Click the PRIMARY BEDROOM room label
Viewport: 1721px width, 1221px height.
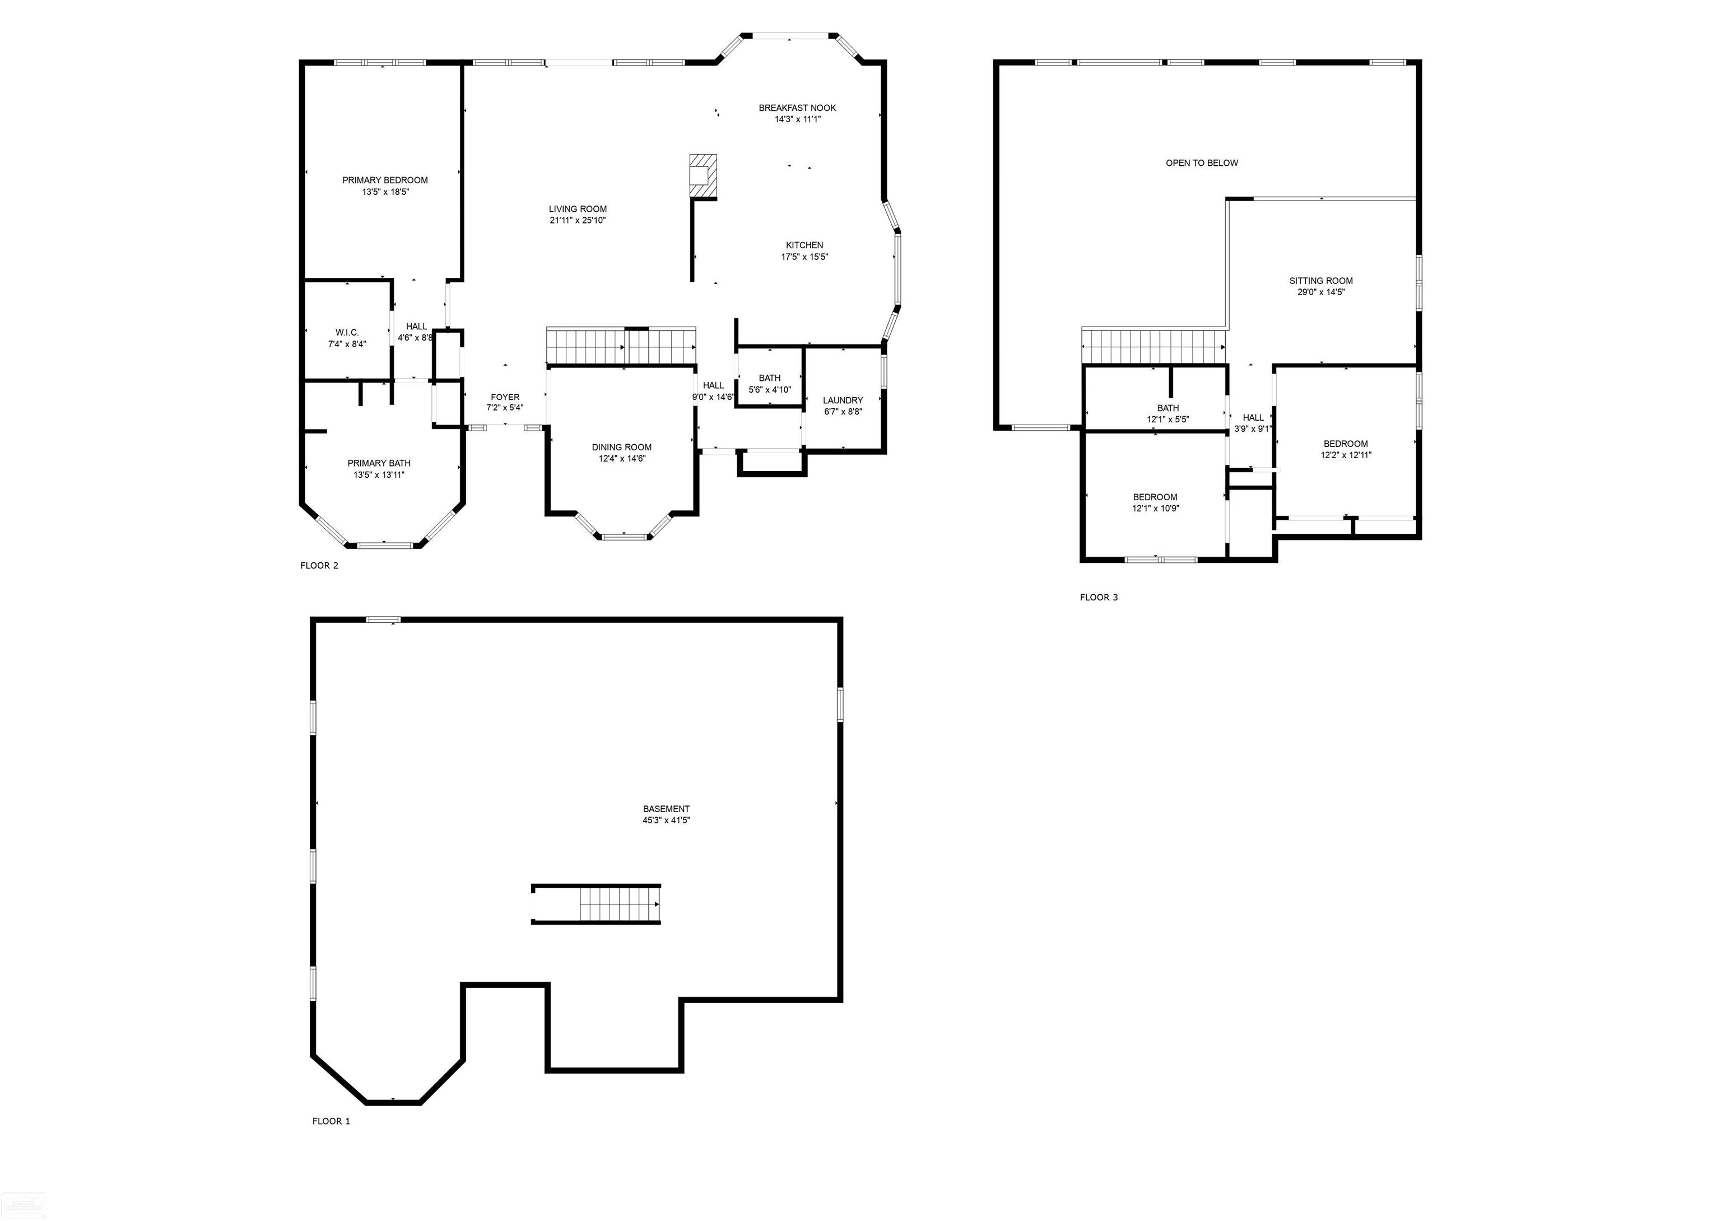[x=385, y=180]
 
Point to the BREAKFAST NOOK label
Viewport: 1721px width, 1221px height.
[x=797, y=108]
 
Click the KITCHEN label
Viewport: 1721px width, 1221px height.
[x=804, y=245]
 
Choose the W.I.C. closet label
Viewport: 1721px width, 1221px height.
[x=347, y=332]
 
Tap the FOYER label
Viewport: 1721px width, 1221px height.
[x=505, y=397]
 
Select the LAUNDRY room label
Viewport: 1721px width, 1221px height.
[x=843, y=400]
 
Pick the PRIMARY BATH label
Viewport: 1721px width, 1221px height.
[x=379, y=463]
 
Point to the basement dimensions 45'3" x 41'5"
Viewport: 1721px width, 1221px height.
[x=666, y=821]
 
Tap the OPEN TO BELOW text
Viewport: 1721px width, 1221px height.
[x=1202, y=163]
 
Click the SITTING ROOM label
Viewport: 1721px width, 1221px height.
[x=1321, y=281]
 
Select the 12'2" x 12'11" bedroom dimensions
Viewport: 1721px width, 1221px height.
[x=1346, y=455]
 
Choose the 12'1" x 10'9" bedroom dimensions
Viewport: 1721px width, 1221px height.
[x=1156, y=508]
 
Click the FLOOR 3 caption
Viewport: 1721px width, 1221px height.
[x=1099, y=598]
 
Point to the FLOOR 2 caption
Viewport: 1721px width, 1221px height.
[x=319, y=565]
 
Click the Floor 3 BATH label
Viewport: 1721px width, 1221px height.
[x=1168, y=408]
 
